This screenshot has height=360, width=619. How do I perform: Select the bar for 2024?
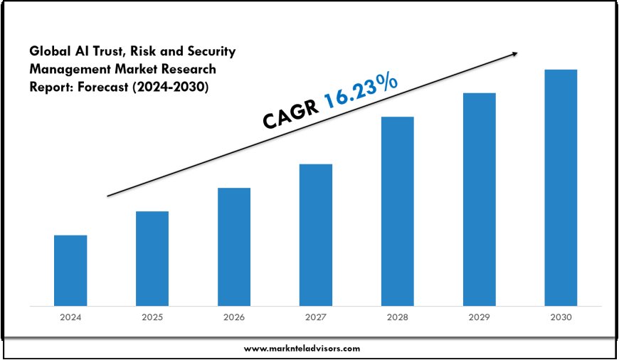(70, 270)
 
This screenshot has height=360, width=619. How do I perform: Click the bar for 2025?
(152, 258)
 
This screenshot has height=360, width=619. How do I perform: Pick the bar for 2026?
(234, 247)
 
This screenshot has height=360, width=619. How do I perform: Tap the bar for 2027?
(316, 235)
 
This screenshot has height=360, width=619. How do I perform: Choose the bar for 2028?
(398, 211)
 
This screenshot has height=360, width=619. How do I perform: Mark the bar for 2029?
(480, 199)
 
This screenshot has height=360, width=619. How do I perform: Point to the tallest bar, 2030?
(561, 188)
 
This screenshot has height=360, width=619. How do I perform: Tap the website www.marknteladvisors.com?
(302, 349)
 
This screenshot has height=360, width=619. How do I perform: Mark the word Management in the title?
(66, 70)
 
